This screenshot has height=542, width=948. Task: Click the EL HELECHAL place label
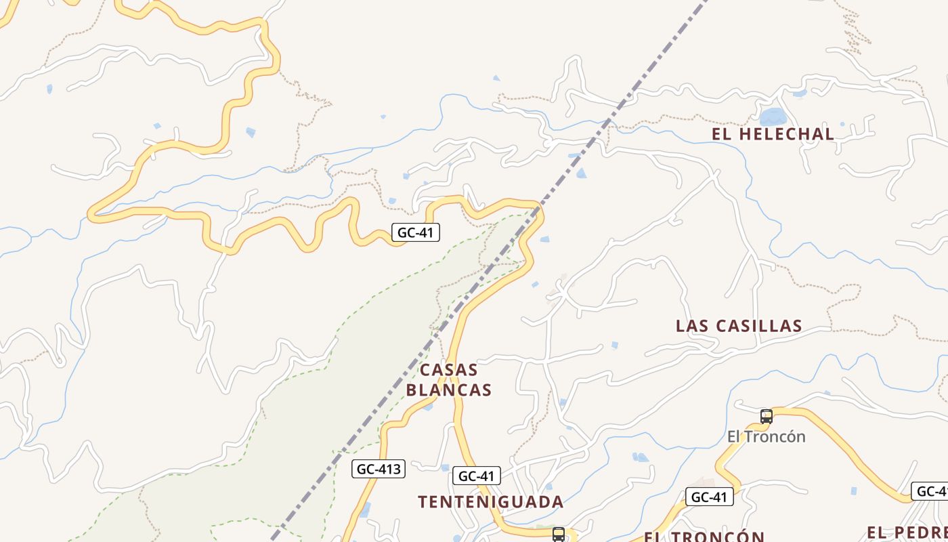[x=773, y=134]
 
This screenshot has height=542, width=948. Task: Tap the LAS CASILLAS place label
[x=739, y=326]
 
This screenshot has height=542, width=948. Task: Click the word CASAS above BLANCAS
[x=449, y=371]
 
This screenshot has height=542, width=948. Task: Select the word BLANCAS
[x=449, y=390]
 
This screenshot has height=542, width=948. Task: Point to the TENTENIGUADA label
[x=491, y=502]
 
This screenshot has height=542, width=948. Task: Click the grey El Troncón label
[x=767, y=436]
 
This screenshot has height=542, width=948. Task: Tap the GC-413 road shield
[x=379, y=469]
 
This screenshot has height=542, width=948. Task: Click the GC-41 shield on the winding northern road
[x=415, y=232]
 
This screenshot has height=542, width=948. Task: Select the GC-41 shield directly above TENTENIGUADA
[x=477, y=476]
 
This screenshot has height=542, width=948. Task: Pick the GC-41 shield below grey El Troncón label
[x=709, y=497]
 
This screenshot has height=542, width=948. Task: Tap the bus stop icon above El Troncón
[x=767, y=416]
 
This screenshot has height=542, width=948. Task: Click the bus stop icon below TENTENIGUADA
[x=559, y=534]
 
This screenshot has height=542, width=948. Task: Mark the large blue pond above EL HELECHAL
[x=773, y=116]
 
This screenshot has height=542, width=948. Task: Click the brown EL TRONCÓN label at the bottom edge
[x=704, y=536]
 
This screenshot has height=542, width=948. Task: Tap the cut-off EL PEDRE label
[x=907, y=533]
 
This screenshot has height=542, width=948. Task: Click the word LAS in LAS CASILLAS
[x=691, y=326]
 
